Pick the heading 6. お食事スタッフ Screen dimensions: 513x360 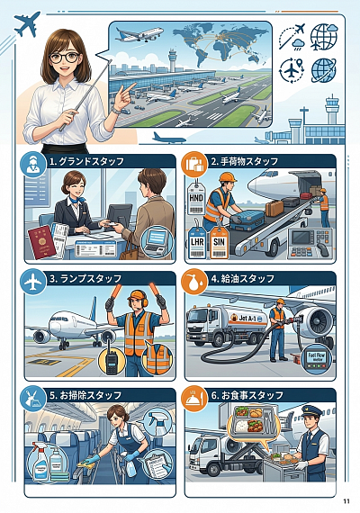(x=253, y=395)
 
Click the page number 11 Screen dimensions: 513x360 (x=346, y=501)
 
